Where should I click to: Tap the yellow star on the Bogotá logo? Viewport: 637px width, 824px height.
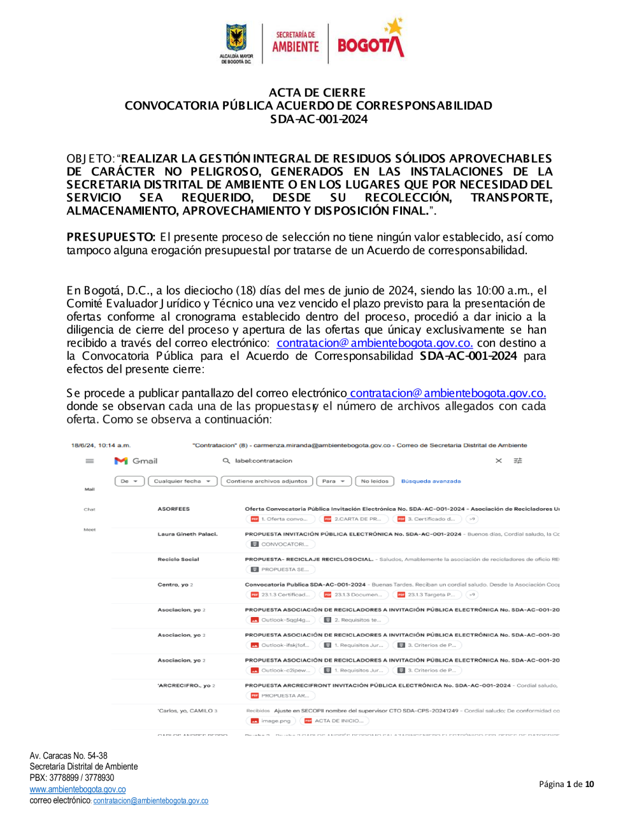(x=394, y=27)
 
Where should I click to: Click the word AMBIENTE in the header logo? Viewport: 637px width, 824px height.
(x=296, y=46)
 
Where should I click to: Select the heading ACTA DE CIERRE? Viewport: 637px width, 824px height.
(x=317, y=93)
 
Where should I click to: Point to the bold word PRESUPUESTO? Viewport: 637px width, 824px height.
(x=111, y=238)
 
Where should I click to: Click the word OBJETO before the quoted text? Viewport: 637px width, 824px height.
(x=90, y=159)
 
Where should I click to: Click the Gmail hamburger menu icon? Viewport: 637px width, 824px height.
(x=90, y=461)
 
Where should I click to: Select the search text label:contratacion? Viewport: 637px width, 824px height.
(x=263, y=461)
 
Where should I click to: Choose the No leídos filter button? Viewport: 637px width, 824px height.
(x=375, y=481)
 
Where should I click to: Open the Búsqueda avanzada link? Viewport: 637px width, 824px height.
(x=431, y=481)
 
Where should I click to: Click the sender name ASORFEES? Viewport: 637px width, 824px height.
(x=173, y=509)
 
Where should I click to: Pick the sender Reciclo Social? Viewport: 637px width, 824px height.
(x=178, y=559)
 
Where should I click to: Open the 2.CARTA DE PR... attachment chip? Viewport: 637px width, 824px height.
(x=353, y=519)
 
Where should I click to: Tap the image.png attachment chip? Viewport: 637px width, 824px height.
(x=271, y=721)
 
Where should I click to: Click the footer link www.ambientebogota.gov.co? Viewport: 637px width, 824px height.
(x=78, y=790)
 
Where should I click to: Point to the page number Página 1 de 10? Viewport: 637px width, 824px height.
(x=566, y=785)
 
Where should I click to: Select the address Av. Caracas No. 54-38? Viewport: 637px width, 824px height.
(x=68, y=756)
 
